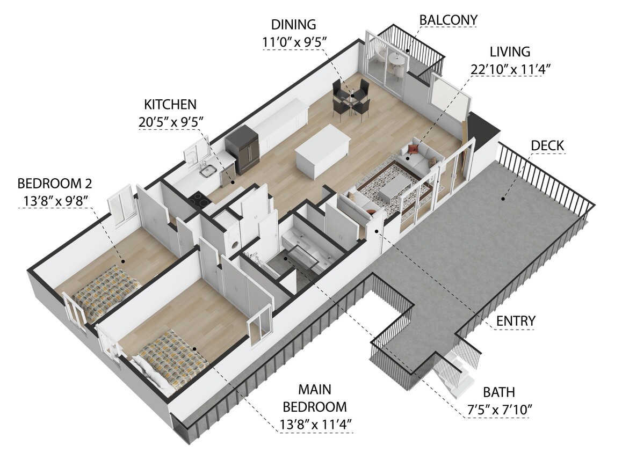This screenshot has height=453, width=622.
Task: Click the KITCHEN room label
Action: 169,104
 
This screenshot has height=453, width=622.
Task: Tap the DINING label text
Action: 293,24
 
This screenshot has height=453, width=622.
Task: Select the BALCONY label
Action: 448,20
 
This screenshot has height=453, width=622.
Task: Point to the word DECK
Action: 547,145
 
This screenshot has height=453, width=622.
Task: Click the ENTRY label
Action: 515,321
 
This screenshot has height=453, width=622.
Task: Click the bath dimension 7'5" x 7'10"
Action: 499,410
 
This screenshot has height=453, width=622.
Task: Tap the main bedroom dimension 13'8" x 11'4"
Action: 315,424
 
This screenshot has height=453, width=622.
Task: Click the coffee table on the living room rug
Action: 394,186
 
